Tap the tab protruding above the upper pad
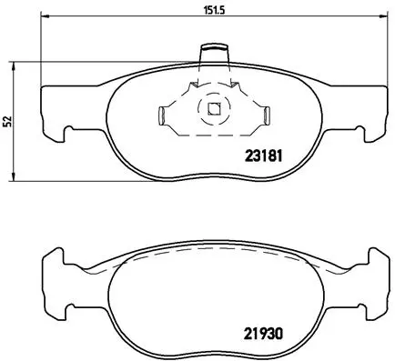[x=214, y=51]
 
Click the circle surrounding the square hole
[x=214, y=98]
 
